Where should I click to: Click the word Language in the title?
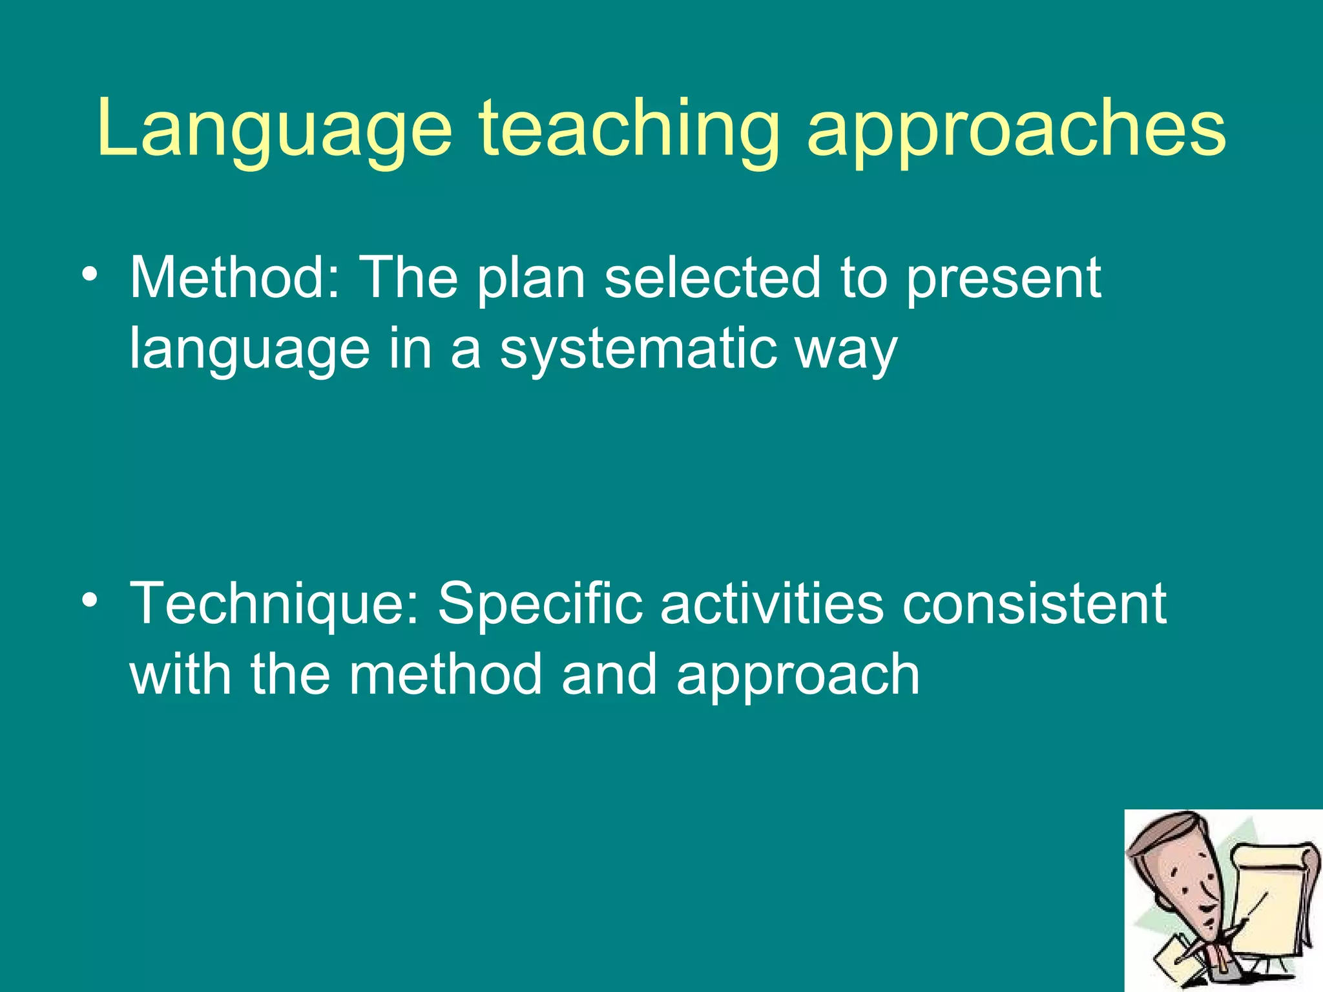click(275, 129)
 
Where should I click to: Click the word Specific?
click(540, 604)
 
